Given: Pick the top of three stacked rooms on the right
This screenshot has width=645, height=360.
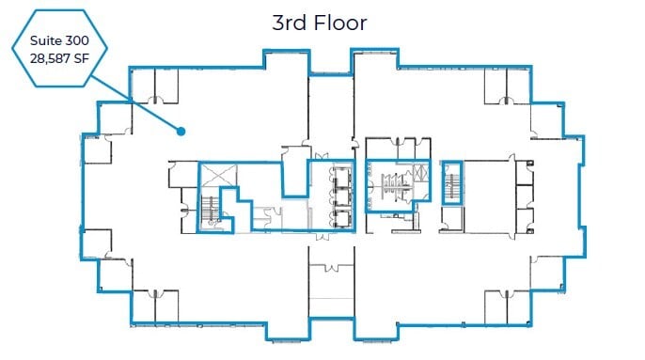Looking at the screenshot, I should [524, 172].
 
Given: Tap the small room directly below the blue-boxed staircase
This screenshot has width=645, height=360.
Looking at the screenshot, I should [451, 215].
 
